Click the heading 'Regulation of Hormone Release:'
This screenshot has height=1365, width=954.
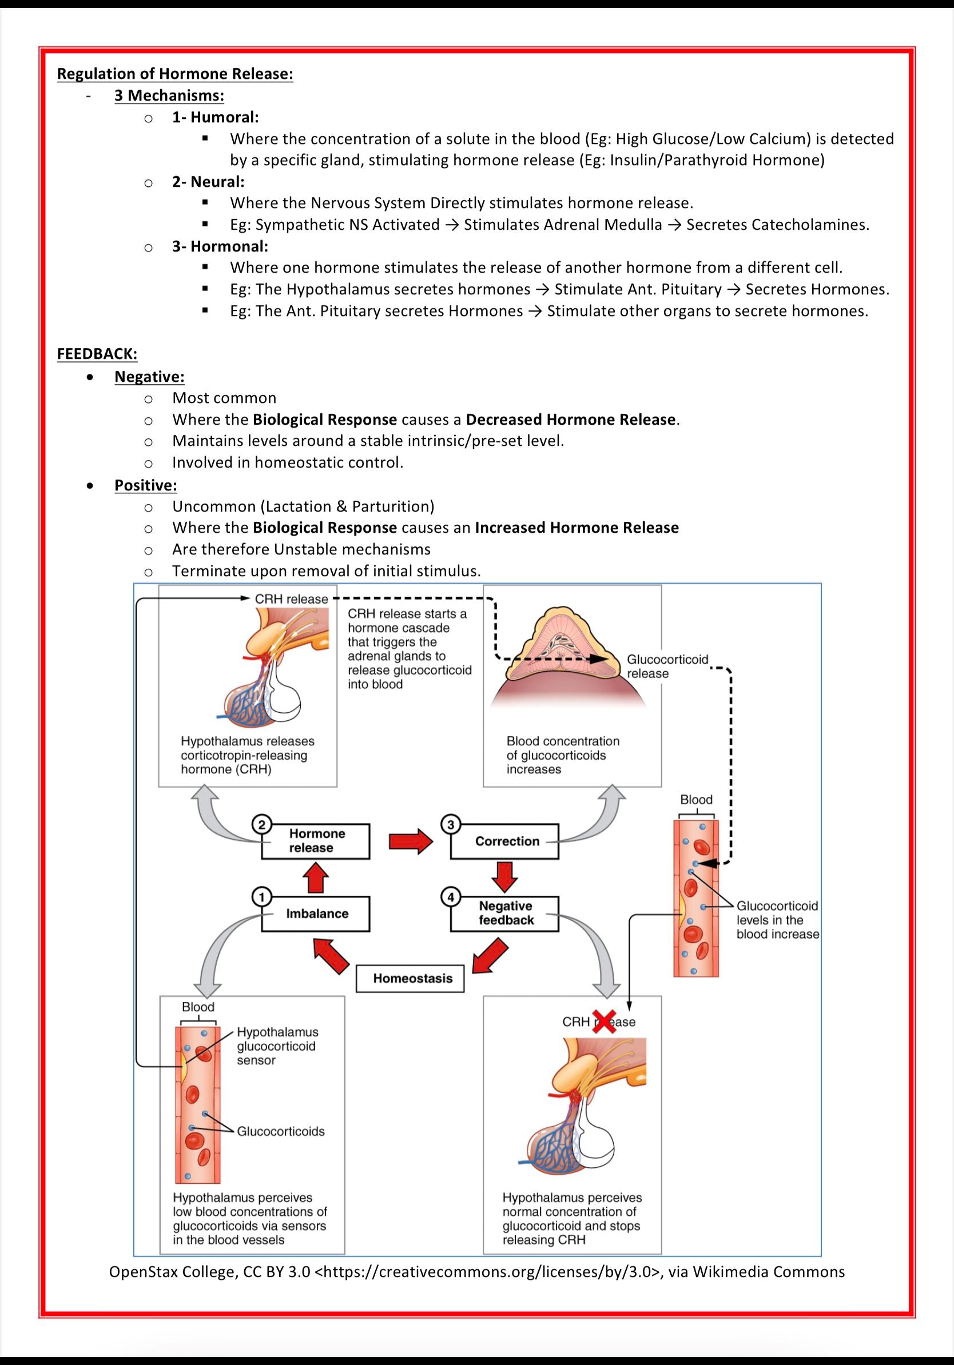pyautogui.click(x=175, y=74)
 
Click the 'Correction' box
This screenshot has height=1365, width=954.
pyautogui.click(x=505, y=841)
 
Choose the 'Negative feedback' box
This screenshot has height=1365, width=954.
pyautogui.click(x=505, y=913)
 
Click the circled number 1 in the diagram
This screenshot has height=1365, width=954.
pyautogui.click(x=262, y=896)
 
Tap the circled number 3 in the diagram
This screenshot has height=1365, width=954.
pyautogui.click(x=451, y=825)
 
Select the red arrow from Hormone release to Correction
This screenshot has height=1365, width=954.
pyautogui.click(x=411, y=841)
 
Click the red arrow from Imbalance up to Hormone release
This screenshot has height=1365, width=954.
pyautogui.click(x=316, y=877)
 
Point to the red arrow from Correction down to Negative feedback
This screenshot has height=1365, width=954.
pyautogui.click(x=505, y=877)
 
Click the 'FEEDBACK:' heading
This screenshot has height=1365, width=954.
pyautogui.click(x=97, y=354)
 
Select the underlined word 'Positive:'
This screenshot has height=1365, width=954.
pyautogui.click(x=146, y=485)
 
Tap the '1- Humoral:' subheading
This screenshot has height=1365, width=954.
pyautogui.click(x=215, y=117)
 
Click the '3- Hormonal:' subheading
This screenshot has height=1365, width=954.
pyautogui.click(x=220, y=246)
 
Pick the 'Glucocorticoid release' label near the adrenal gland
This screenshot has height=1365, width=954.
pyautogui.click(x=667, y=666)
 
